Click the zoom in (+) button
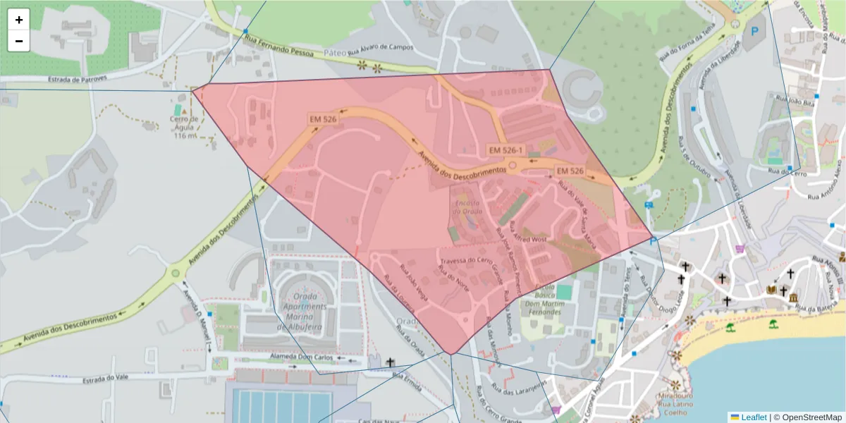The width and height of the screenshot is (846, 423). point(19,20)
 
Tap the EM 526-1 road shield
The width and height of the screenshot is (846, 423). point(506,150)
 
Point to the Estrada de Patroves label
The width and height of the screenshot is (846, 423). point(78,79)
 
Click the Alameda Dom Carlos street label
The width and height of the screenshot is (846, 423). point(304,357)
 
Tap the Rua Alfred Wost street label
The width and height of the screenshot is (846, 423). point(529,240)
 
